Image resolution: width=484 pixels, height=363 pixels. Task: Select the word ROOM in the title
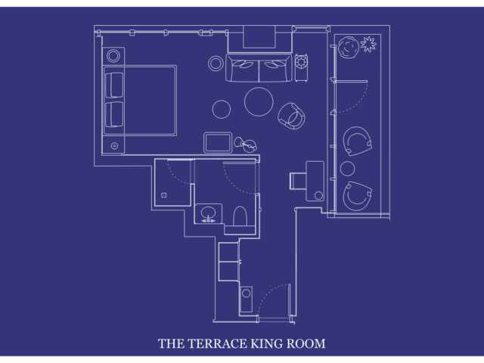306,343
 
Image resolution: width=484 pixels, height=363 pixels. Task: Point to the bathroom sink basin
208,213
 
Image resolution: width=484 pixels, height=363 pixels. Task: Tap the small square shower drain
164,195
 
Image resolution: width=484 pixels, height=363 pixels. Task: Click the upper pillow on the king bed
114,85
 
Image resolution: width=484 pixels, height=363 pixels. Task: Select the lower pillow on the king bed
114,114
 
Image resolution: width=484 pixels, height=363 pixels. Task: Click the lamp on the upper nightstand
113,56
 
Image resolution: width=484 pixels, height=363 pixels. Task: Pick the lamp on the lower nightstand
114,146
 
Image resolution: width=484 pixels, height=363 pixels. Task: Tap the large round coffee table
259,101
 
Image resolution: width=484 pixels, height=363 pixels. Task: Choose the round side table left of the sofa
216,64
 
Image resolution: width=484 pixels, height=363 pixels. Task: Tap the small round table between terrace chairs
348,169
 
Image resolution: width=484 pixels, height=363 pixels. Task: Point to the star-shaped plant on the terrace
368,44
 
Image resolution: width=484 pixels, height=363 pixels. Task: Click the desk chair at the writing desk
298,181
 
